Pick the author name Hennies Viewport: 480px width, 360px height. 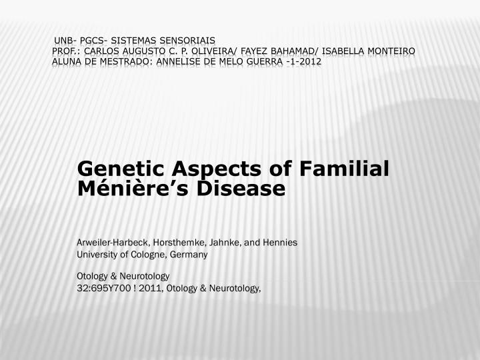[281, 243]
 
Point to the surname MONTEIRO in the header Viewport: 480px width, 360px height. [387, 51]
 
